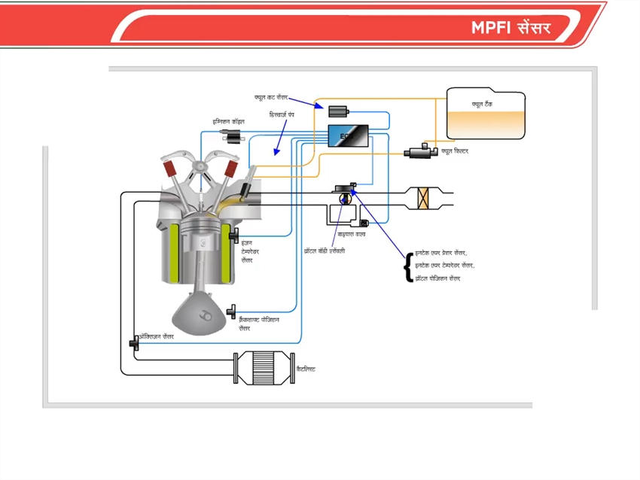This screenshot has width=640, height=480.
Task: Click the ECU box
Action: [348, 136]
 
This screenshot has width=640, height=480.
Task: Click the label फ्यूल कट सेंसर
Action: [271, 97]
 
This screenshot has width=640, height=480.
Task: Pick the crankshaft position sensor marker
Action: [233, 310]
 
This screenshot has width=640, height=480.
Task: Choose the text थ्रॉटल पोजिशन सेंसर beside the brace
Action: [437, 278]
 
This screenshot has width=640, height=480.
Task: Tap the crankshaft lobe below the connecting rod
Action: [201, 311]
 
